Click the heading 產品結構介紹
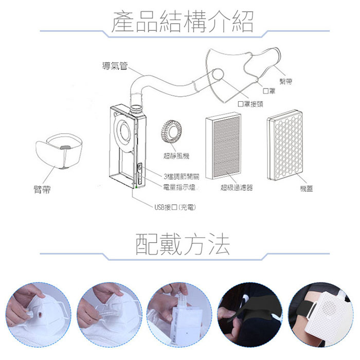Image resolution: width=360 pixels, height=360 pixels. coord(183,22)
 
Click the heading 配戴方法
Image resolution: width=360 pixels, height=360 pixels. coord(183,244)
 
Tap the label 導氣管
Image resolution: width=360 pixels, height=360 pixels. coord(115,66)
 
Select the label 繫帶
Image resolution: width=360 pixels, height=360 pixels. coord(286,81)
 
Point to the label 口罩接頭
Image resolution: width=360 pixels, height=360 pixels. coord(250,104)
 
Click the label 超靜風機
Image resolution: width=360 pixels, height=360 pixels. coord(176,156)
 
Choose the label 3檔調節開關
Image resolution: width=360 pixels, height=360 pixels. coord(182,176)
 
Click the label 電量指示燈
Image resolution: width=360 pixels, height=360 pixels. coord(179,187)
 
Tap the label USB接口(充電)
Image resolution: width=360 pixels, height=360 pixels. coord(175,207)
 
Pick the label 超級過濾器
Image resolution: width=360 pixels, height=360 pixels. coord(237,188)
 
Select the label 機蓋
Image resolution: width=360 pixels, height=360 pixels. coord(307,189)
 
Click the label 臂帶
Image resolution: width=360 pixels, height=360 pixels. coord(42,190)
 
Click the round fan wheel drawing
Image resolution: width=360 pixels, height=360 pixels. coord(172,132)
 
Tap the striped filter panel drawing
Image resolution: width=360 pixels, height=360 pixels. coord(223,146)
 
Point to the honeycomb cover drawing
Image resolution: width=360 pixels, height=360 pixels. coord(285,145)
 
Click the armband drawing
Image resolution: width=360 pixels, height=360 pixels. coord(59,150)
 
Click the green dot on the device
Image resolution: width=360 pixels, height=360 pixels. coord(137,188)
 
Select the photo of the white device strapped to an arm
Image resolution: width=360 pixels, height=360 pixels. coord(321,315)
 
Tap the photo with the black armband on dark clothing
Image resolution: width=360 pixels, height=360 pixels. coord(250,315)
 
